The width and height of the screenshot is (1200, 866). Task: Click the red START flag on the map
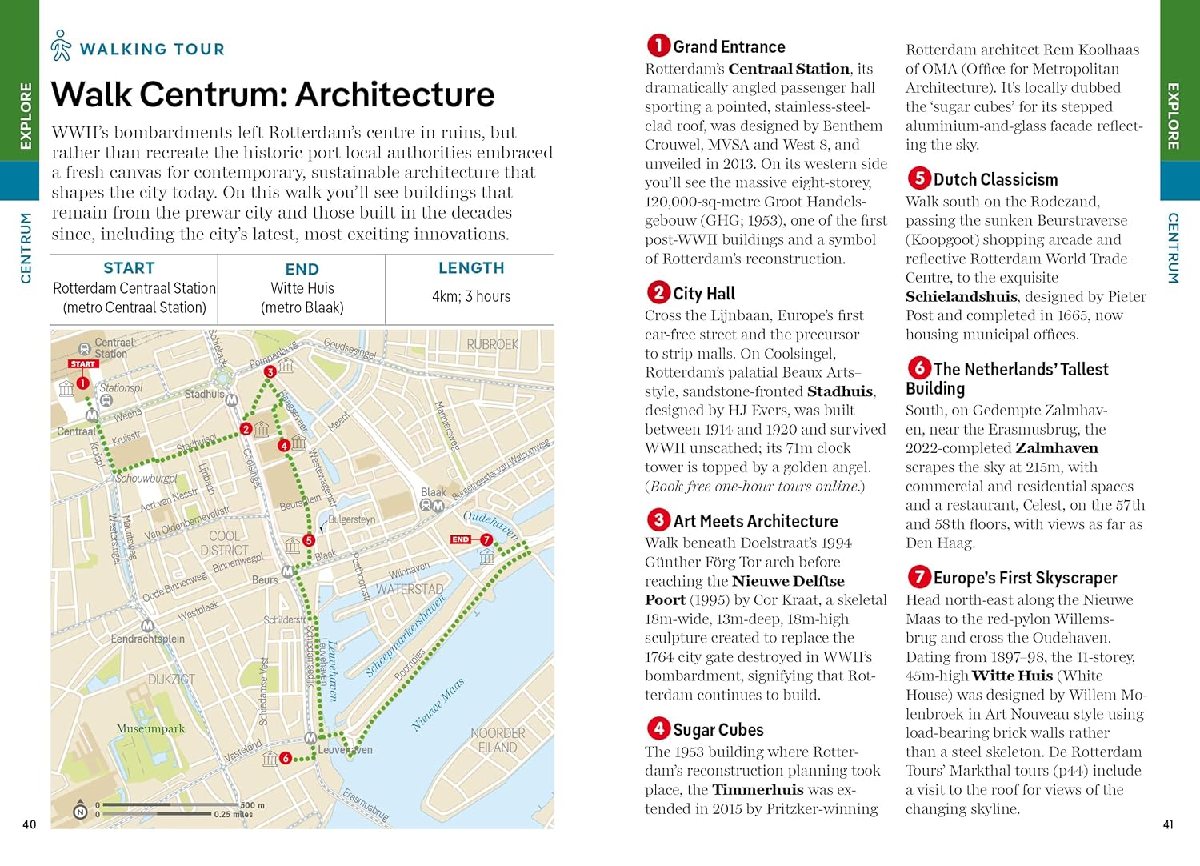(82, 364)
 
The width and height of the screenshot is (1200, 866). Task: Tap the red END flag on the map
(461, 539)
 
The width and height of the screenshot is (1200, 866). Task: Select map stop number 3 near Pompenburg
(270, 371)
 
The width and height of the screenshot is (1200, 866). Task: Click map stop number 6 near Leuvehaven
(286, 758)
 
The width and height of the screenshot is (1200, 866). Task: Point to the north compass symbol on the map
(80, 812)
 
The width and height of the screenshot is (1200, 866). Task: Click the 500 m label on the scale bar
(252, 805)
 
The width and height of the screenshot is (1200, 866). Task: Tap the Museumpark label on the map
(150, 729)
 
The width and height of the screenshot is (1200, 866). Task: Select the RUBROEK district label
(493, 344)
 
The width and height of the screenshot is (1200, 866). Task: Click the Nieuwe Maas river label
(438, 705)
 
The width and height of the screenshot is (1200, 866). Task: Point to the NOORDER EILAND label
(498, 740)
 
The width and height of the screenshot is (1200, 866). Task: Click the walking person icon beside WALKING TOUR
(61, 46)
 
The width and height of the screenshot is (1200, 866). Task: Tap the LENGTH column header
(471, 268)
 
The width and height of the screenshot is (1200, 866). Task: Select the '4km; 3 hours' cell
(471, 296)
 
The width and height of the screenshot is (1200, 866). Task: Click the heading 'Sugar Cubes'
(718, 730)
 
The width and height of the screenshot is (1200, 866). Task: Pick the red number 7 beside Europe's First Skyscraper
(918, 576)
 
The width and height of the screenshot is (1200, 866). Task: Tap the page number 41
(1168, 824)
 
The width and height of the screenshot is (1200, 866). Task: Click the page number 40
(30, 824)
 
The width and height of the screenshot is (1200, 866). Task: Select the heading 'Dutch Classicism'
(995, 179)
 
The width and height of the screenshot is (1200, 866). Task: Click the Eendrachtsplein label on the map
(148, 639)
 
